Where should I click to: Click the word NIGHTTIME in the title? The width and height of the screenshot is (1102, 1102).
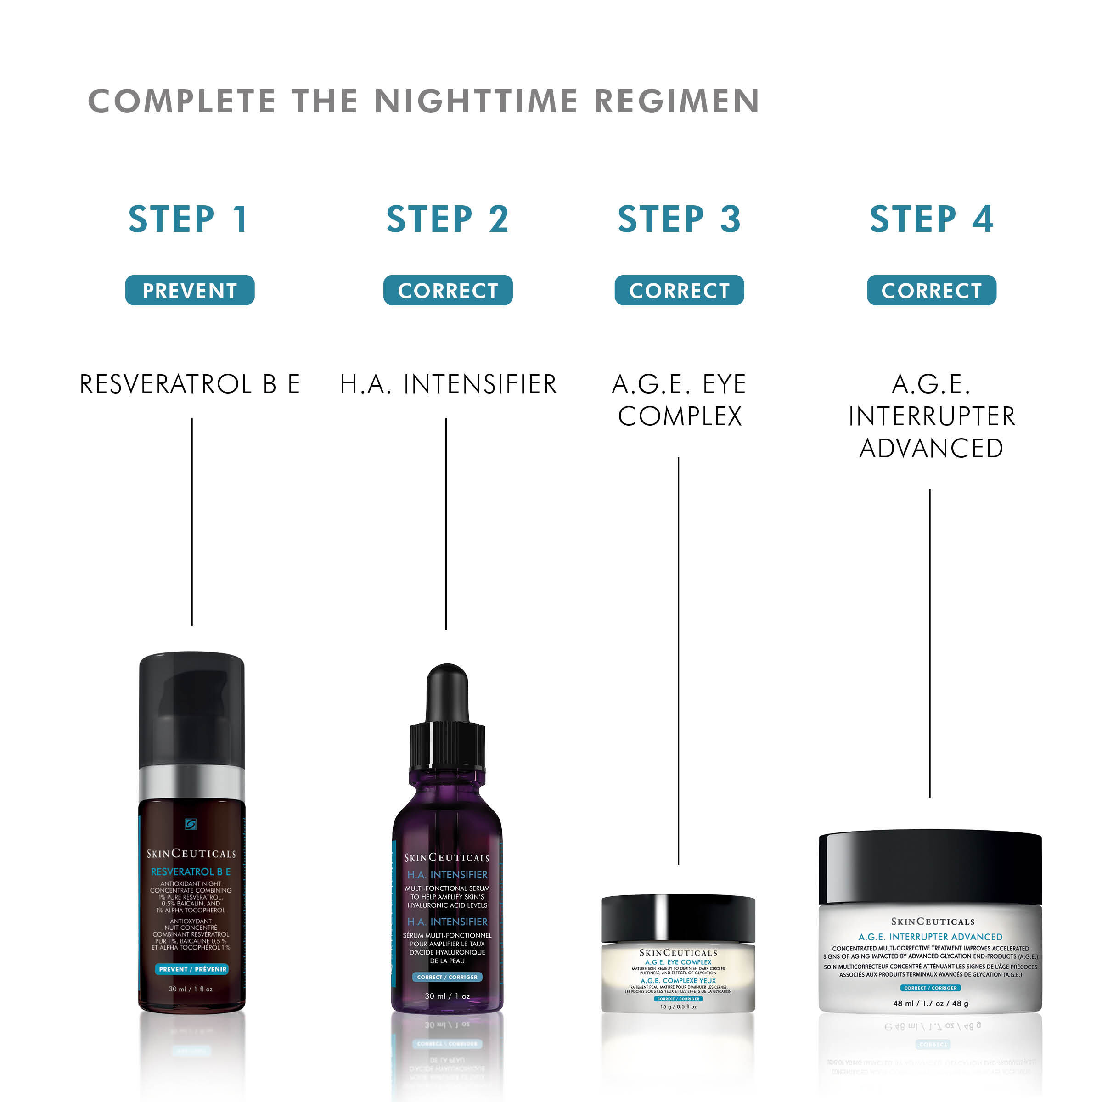click(476, 101)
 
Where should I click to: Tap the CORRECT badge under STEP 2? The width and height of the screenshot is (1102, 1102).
click(448, 290)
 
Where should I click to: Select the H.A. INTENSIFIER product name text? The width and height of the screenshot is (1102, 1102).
click(448, 384)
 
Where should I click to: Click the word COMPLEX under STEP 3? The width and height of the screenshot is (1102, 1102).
click(680, 416)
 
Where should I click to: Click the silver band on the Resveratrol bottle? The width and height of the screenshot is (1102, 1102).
click(191, 782)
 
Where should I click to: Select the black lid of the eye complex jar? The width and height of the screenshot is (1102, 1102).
click(678, 918)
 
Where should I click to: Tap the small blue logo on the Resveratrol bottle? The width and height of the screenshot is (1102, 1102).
click(191, 824)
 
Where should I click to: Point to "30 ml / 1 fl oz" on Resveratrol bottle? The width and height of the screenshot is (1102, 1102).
click(191, 989)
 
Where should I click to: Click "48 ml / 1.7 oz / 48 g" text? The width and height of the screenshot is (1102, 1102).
click(930, 1003)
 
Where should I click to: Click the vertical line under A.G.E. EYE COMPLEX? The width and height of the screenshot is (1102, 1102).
click(678, 656)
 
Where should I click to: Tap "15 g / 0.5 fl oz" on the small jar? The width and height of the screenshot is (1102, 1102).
click(678, 1007)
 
